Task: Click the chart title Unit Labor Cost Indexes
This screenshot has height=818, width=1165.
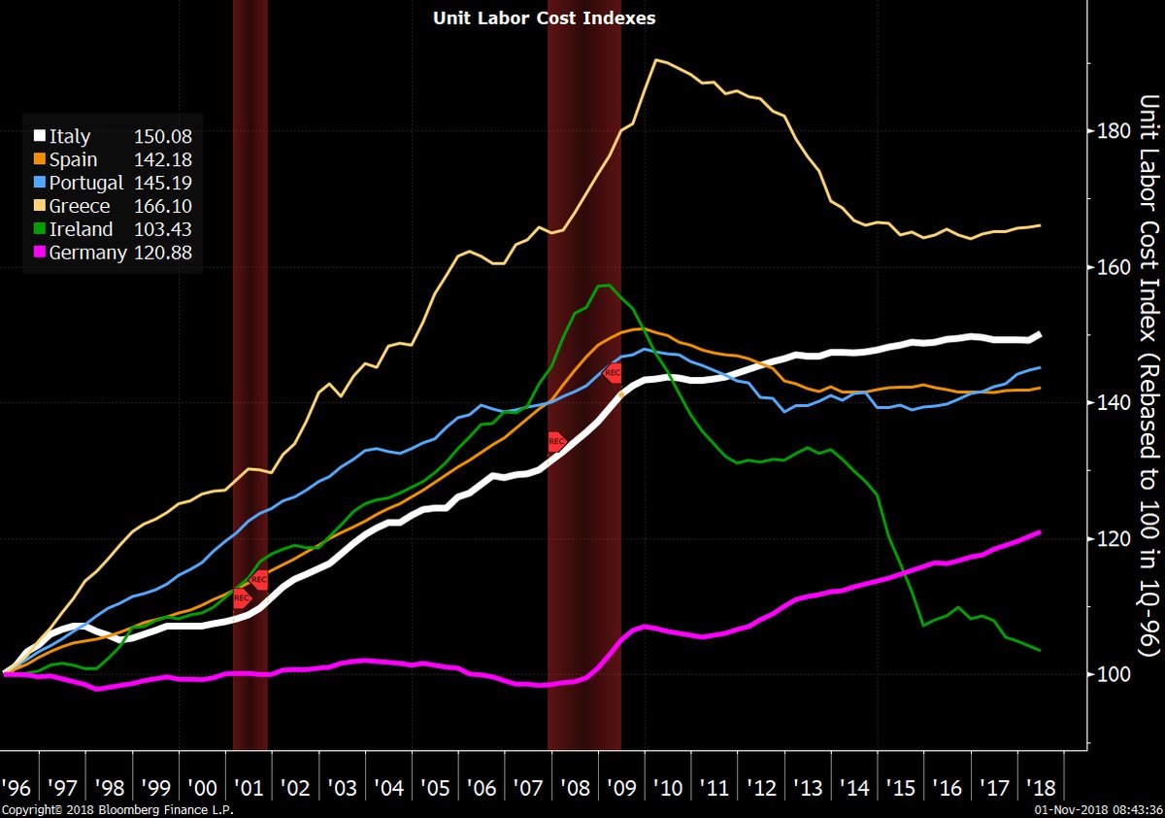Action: pos(544,18)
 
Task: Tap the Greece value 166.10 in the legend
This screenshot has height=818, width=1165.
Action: pos(163,206)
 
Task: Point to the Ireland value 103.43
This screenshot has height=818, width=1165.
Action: pos(163,229)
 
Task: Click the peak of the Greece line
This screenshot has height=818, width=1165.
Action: pos(658,60)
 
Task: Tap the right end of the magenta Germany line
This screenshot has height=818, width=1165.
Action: pos(1040,532)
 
